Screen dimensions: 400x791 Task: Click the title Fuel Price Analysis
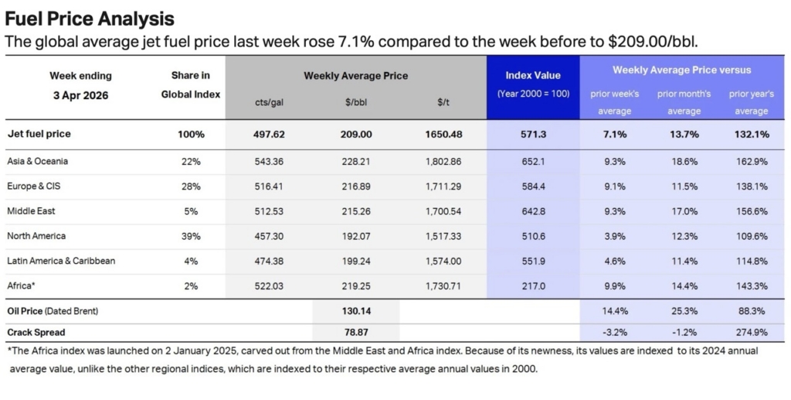coord(90,18)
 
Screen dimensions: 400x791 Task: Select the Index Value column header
coord(532,75)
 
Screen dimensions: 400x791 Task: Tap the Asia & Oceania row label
coord(39,162)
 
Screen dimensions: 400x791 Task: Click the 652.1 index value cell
coord(532,162)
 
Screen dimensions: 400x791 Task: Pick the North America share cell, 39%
coord(190,236)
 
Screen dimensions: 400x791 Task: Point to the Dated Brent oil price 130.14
coord(355,311)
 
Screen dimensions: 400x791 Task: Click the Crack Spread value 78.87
coord(355,333)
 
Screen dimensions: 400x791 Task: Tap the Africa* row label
coord(22,285)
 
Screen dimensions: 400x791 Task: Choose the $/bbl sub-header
coord(355,102)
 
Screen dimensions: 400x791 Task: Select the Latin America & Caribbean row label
coord(61,261)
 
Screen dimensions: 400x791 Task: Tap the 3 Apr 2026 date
coord(80,94)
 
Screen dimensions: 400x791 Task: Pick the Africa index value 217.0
coord(532,285)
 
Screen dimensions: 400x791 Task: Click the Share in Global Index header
coord(190,84)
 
